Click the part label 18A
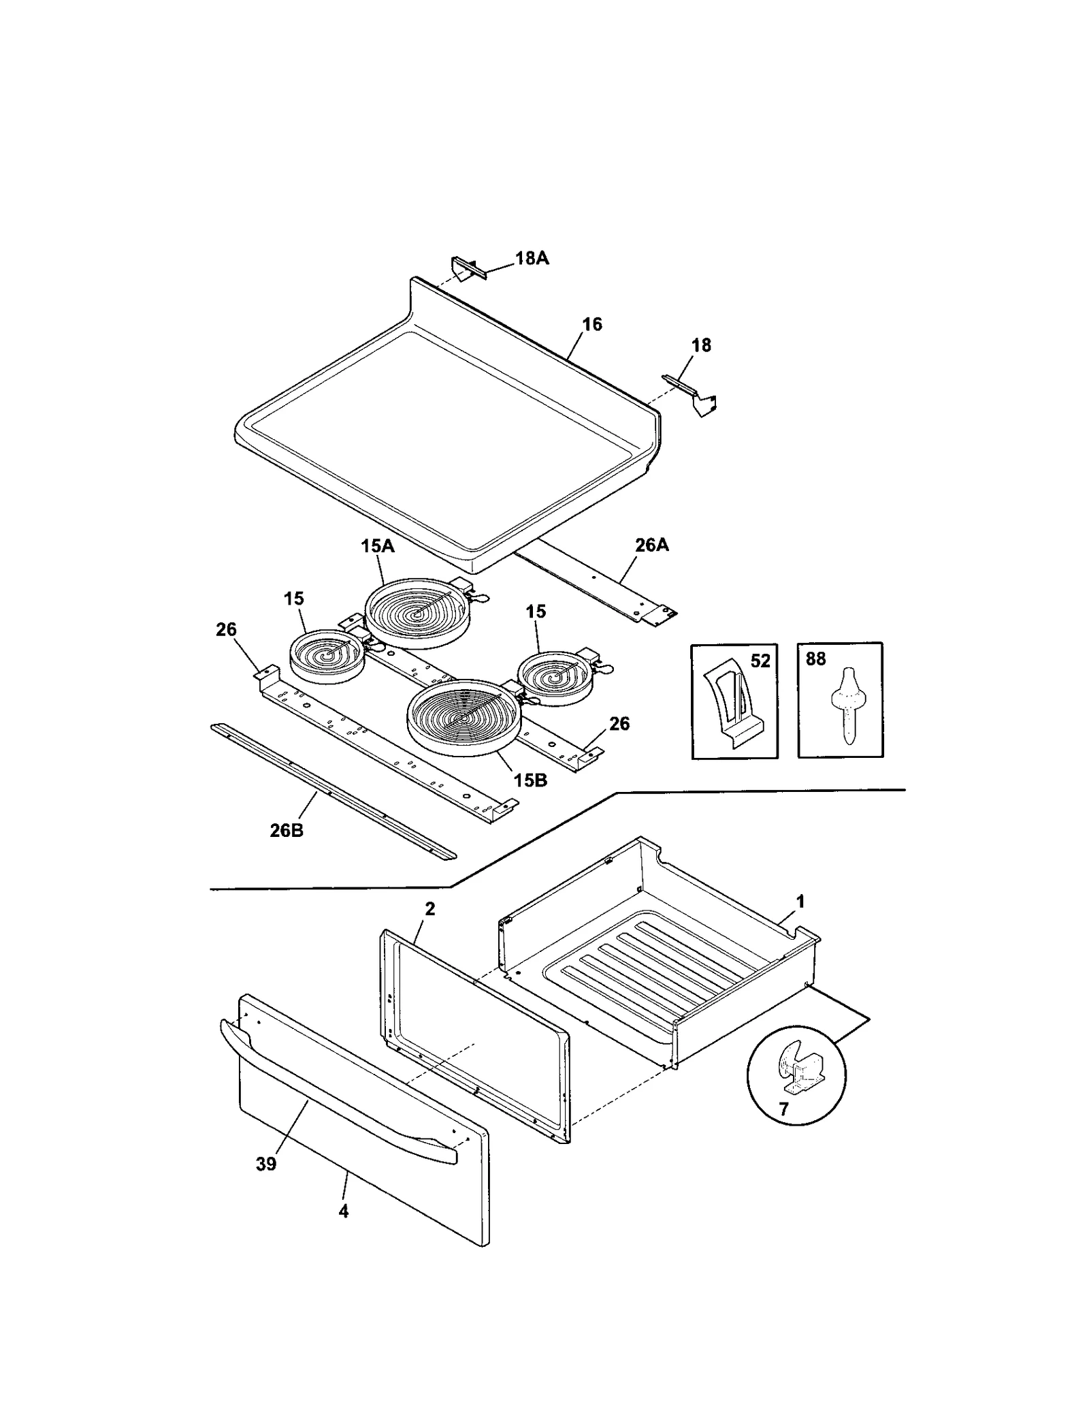point(532,259)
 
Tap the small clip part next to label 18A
point(468,268)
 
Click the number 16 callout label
point(591,324)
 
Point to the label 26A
point(651,545)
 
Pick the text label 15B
point(530,780)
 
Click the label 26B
point(287,831)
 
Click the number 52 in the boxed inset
point(760,661)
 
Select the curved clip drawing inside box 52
point(731,705)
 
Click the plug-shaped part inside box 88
point(846,704)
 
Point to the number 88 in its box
point(815,659)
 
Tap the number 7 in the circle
point(783,1109)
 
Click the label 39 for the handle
point(266,1164)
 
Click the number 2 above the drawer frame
point(429,908)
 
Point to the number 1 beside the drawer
point(800,902)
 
